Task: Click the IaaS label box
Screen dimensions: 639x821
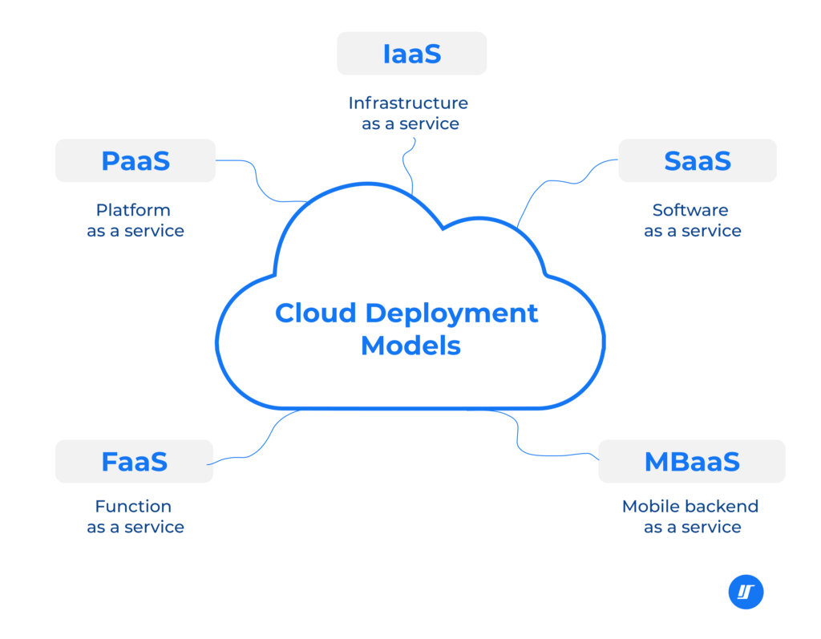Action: pos(411,54)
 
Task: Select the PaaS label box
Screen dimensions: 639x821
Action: pos(135,160)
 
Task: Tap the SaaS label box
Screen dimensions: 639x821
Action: pos(697,160)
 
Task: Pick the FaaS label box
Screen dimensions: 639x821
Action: pos(134,462)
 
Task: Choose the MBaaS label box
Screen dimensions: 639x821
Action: pos(691,462)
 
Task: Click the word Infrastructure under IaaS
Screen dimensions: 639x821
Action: pos(408,103)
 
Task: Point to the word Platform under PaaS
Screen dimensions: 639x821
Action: pos(133,210)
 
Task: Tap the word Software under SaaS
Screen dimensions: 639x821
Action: pos(690,210)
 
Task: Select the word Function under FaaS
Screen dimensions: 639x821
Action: pos(133,507)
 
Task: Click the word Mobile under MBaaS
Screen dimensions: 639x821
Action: pos(645,507)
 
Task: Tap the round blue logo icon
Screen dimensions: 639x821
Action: pos(746,592)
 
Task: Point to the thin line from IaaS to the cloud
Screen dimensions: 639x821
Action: pos(406,168)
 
